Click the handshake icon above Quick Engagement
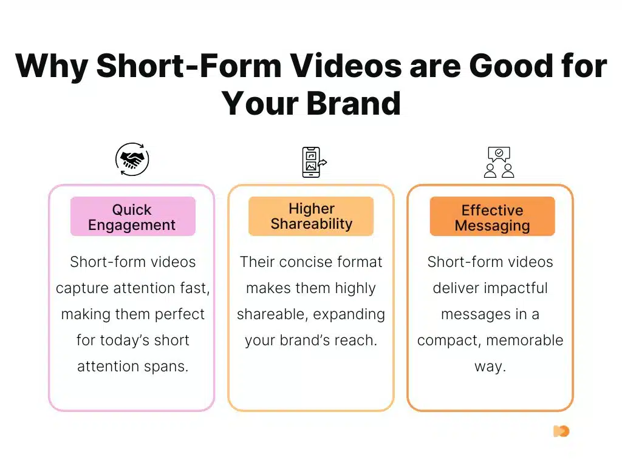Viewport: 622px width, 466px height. point(132,160)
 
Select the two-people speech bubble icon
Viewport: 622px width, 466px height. point(499,162)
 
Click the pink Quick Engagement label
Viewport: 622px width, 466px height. point(132,217)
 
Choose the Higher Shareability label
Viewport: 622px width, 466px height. point(311,216)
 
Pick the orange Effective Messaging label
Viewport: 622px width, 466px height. point(492,218)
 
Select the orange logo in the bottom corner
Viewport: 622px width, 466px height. point(561,431)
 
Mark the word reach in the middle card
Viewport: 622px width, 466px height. point(355,340)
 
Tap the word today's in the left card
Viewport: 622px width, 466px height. point(128,340)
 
